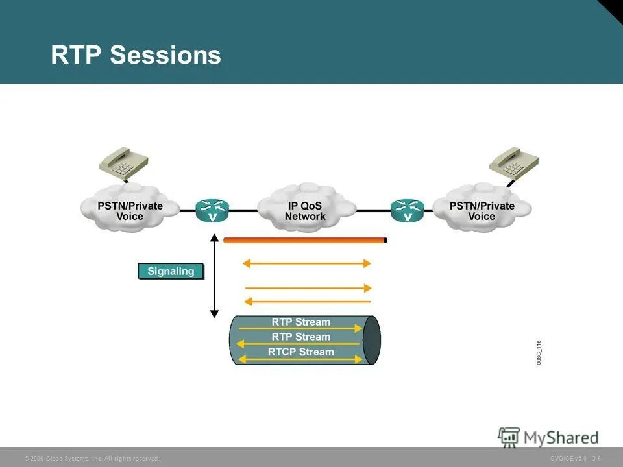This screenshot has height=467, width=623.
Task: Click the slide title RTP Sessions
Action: [136, 55]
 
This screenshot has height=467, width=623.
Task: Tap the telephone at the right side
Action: [513, 162]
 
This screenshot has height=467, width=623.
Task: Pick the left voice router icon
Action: [212, 210]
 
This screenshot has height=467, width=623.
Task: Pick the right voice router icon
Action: [407, 210]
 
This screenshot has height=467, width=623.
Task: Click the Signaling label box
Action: [171, 271]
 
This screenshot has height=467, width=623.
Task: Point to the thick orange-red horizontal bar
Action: [304, 240]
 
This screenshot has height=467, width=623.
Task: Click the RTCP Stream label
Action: [300, 352]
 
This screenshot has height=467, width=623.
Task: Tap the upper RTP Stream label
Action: [300, 322]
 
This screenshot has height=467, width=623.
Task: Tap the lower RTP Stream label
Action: [300, 337]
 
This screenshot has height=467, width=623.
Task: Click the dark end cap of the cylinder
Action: [371, 340]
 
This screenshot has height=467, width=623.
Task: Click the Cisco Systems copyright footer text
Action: [92, 458]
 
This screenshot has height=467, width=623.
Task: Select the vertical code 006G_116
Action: [539, 353]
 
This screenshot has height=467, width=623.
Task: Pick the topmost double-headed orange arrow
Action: [306, 263]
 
